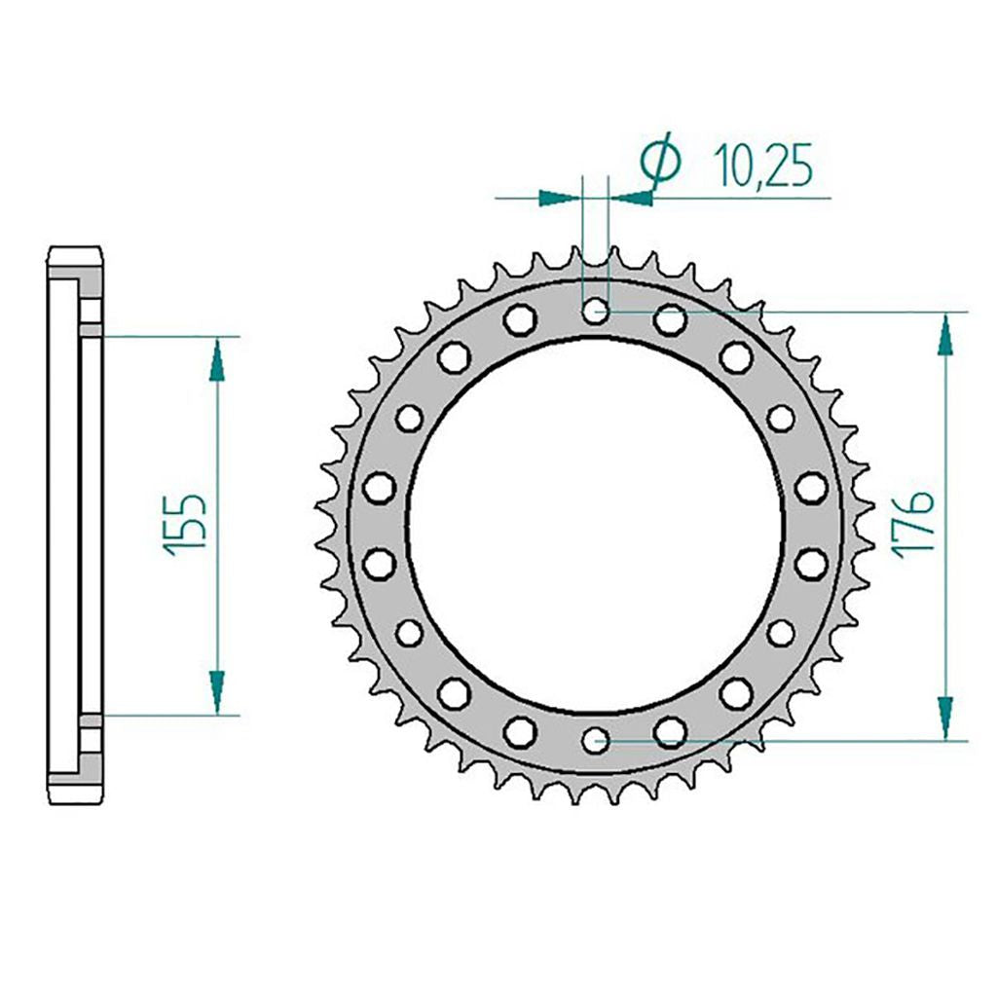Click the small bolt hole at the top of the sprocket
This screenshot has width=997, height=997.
tap(596, 311)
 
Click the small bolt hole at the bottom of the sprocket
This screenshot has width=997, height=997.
tap(596, 740)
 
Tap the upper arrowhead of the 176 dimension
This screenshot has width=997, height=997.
tap(945, 335)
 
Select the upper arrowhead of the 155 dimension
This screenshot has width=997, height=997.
tap(217, 358)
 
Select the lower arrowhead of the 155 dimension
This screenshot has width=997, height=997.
tap(217, 693)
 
